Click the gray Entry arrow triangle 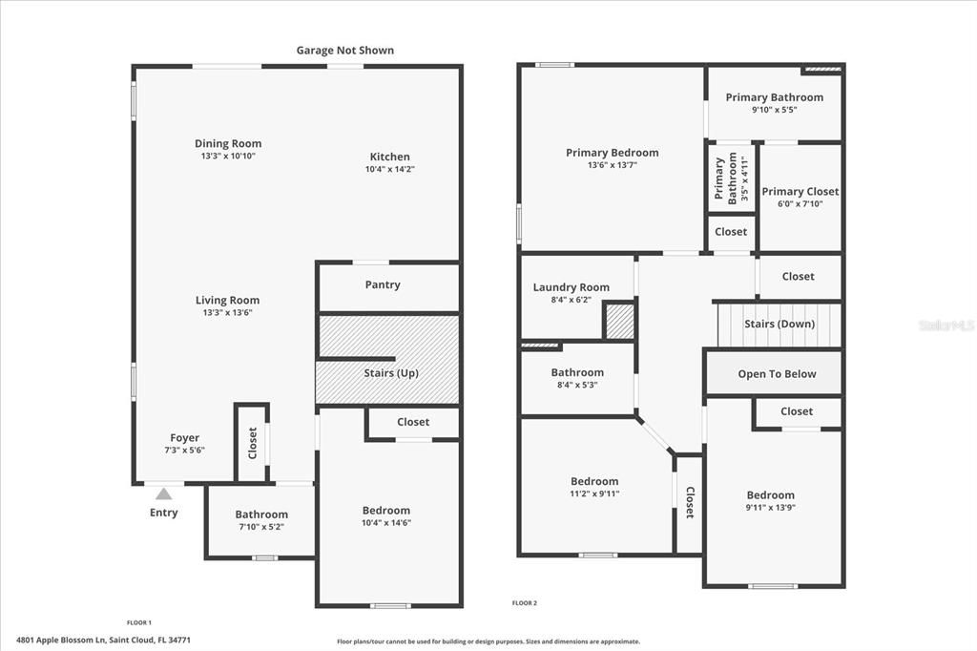click(163, 493)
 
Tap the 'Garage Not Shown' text click(344, 51)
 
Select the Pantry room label click(383, 284)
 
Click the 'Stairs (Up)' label click(391, 373)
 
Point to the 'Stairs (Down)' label click(780, 324)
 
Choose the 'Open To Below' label click(777, 374)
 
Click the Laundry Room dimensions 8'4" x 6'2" click(571, 300)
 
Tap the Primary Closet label click(800, 191)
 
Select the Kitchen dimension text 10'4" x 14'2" click(389, 169)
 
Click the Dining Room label click(228, 144)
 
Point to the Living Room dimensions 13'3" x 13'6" click(227, 312)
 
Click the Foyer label click(184, 438)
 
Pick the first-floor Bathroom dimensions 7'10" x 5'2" click(260, 526)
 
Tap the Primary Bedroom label click(612, 153)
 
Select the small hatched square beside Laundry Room click(620, 321)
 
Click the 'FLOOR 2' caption click(525, 603)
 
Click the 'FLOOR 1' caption click(139, 622)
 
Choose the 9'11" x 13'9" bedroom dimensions click(770, 508)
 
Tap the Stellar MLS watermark click(946, 325)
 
